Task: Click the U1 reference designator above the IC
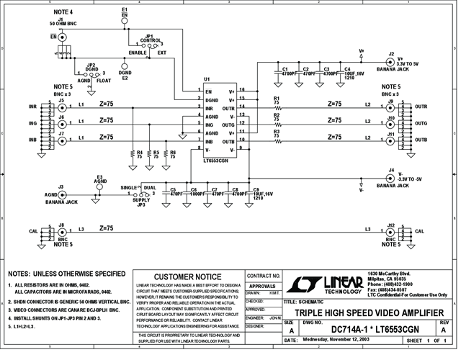207,78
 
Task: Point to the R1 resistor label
277,99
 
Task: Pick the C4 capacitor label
348,68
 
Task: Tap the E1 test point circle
125,23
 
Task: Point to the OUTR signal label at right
421,107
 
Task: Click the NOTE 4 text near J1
66,13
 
